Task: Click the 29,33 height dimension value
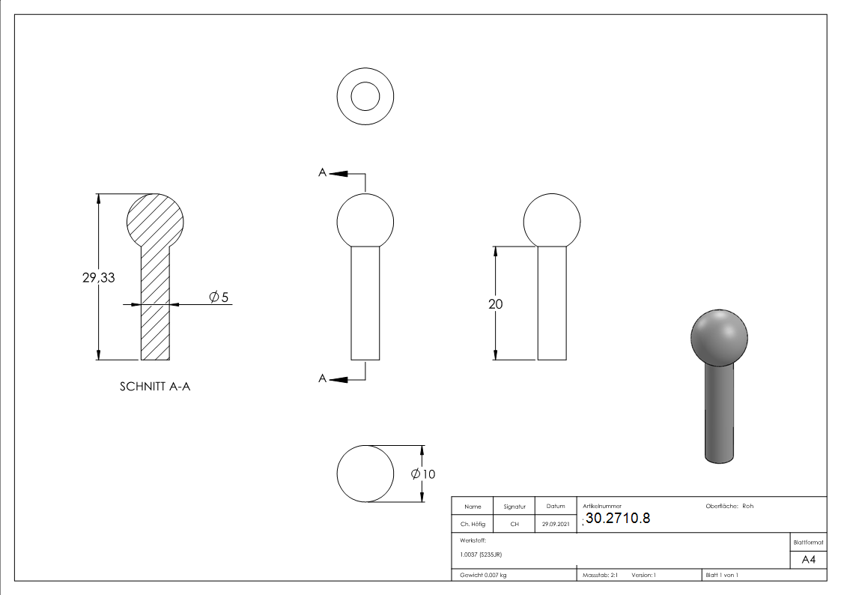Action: click(x=98, y=277)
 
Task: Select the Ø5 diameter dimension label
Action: click(x=218, y=298)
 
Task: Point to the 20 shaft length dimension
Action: click(x=495, y=304)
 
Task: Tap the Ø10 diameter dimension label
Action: click(x=423, y=474)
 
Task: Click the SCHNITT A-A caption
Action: click(x=155, y=387)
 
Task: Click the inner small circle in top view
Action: click(x=365, y=97)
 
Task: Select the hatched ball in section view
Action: click(x=155, y=221)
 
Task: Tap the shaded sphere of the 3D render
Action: click(x=718, y=335)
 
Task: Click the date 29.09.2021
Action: click(x=555, y=525)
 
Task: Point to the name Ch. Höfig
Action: click(x=473, y=525)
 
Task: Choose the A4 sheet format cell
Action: click(x=808, y=560)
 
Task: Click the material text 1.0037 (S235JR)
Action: click(x=480, y=554)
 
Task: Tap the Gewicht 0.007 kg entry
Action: click(x=483, y=575)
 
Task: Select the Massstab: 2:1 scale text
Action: click(x=600, y=575)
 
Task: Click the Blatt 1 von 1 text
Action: click(x=722, y=575)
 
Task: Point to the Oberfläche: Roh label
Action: click(x=729, y=506)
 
